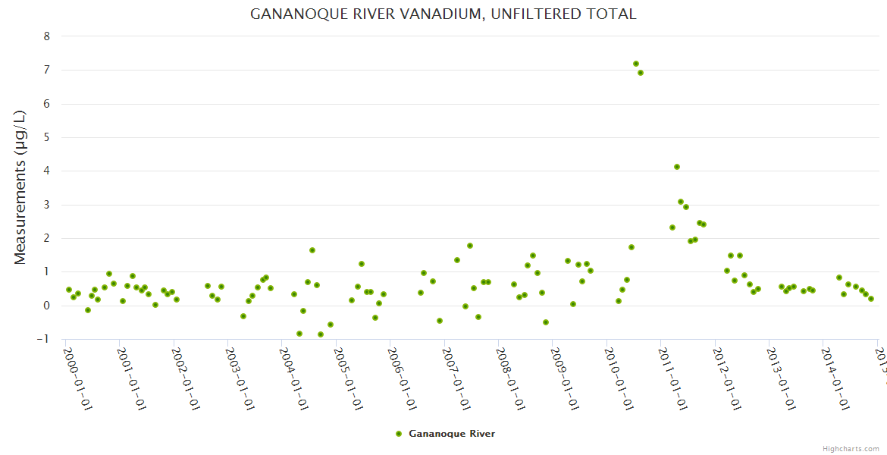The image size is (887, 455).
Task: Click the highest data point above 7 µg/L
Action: (636, 64)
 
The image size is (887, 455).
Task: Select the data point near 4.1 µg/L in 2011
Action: (677, 167)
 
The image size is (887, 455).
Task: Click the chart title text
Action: (443, 14)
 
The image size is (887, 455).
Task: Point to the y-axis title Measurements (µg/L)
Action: (20, 187)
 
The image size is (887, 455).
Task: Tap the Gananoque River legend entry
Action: (451, 434)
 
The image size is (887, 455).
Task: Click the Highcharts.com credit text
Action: (851, 449)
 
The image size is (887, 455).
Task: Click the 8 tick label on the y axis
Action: (47, 36)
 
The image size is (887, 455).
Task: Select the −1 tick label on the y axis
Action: (44, 339)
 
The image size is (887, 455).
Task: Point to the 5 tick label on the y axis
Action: (47, 137)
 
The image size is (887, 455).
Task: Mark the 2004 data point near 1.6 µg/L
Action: (312, 250)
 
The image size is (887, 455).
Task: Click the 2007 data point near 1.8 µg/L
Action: (470, 246)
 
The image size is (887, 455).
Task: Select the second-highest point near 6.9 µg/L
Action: (641, 73)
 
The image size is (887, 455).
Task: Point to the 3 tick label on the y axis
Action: (47, 205)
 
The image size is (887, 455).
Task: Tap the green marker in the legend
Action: (399, 434)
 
